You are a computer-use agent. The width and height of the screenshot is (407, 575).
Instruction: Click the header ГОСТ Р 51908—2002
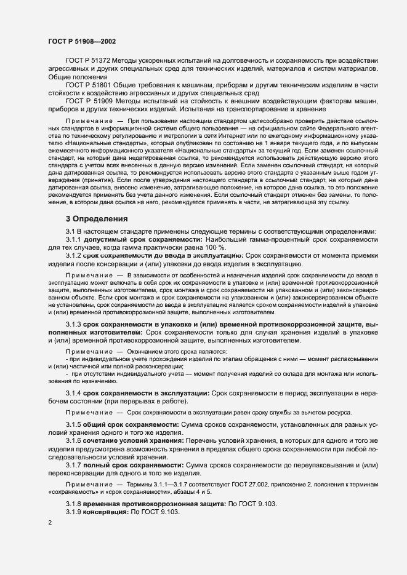point(82,41)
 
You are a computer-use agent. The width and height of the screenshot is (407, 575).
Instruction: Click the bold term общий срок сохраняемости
point(128,425)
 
